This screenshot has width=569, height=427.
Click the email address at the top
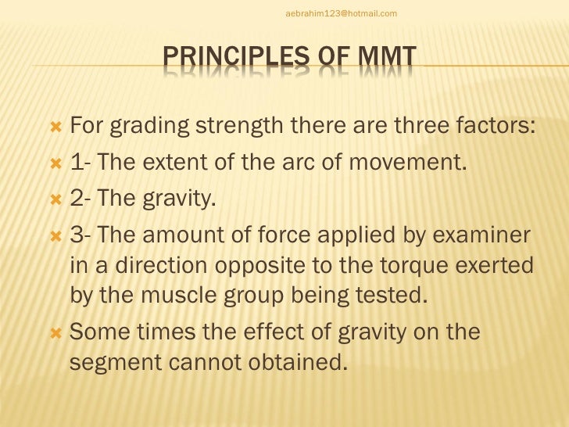[x=342, y=13]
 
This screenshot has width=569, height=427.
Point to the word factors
[x=496, y=127]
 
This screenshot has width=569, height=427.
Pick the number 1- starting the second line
[x=81, y=163]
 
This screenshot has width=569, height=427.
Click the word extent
[x=170, y=163]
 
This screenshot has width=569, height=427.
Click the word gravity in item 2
[x=177, y=199]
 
